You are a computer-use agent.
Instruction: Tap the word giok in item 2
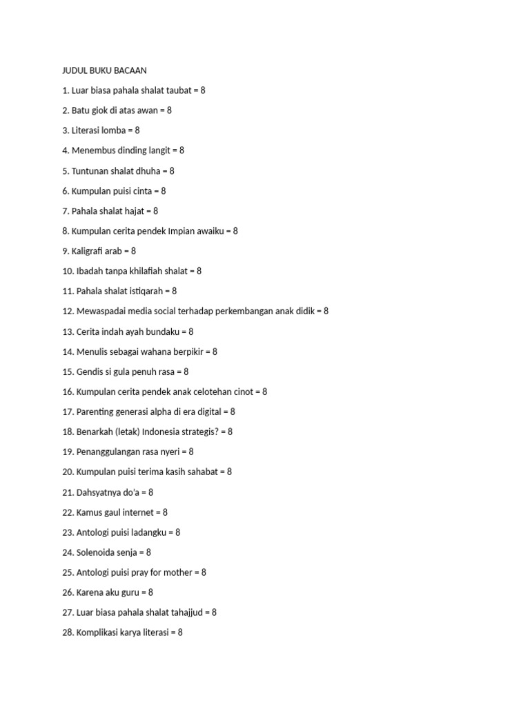point(103,110)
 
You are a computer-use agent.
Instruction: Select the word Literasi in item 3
point(88,130)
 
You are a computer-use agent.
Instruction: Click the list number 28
point(68,632)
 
